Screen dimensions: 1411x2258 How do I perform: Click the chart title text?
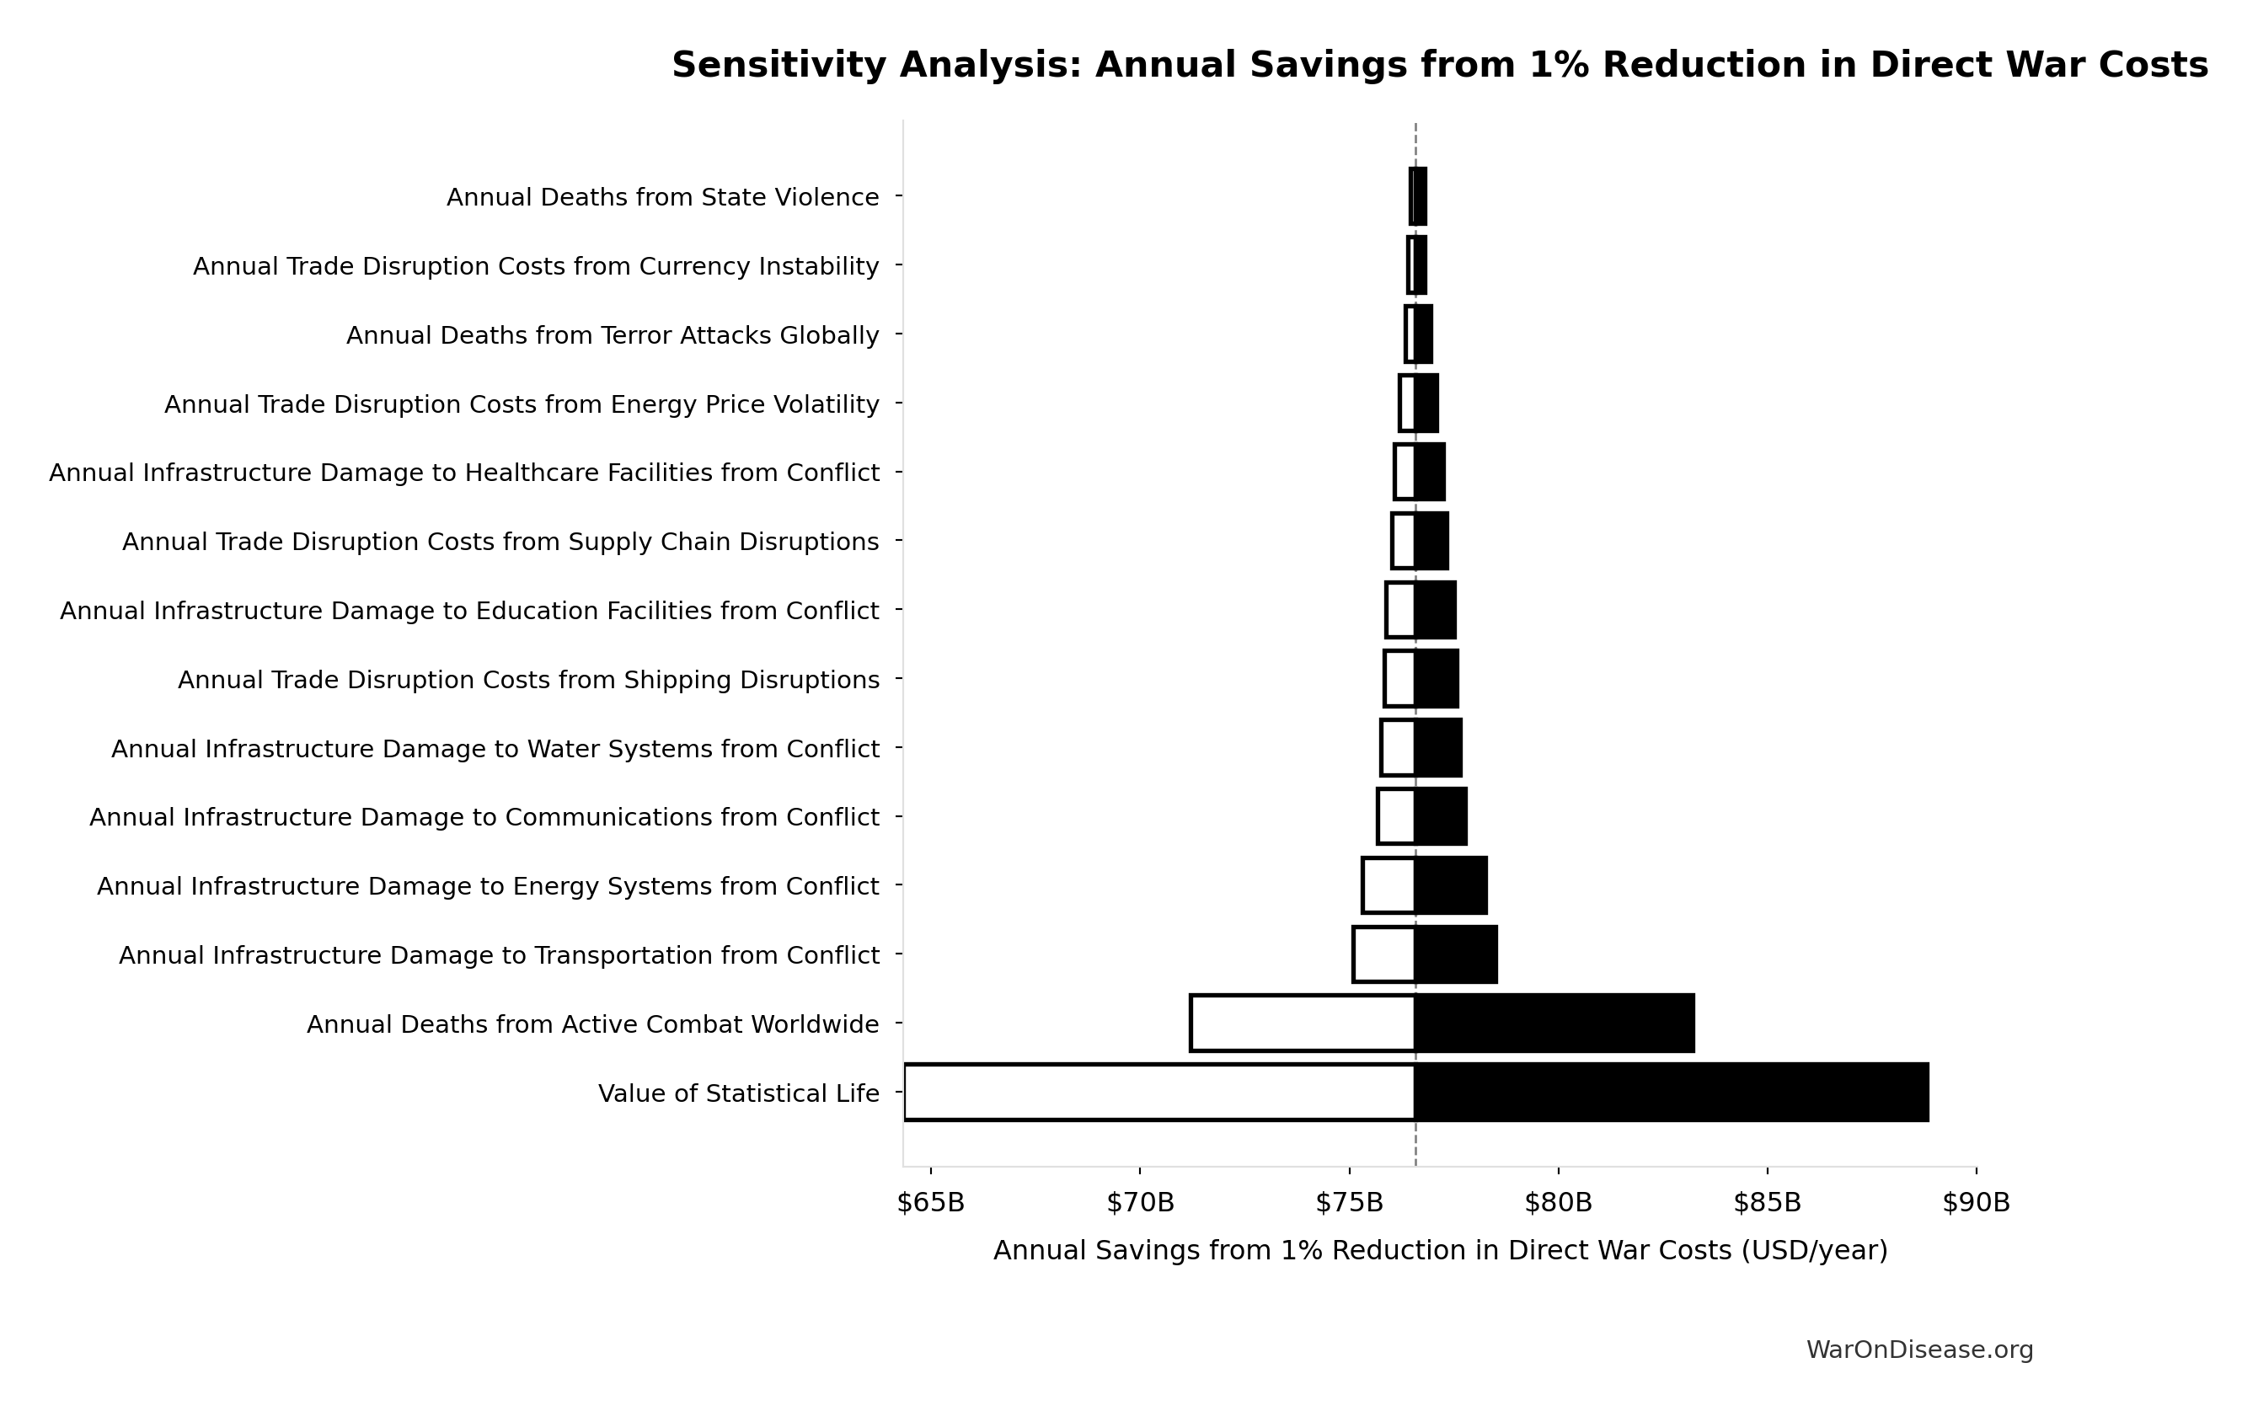1439,66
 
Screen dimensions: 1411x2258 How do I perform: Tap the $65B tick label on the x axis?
930,1203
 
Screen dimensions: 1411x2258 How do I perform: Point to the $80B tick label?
1558,1203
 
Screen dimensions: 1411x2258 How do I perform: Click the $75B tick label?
1349,1203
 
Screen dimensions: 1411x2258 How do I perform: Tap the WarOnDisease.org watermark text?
1919,1350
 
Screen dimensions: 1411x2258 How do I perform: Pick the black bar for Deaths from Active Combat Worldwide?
1554,1023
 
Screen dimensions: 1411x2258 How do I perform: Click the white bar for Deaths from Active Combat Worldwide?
1303,1023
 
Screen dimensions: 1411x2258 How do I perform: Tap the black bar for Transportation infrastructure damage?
1456,954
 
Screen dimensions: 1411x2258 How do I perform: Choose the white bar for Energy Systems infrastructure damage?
1389,885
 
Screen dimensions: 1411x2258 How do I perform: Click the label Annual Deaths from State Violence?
662,198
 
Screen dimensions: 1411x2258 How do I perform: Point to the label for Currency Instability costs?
536,267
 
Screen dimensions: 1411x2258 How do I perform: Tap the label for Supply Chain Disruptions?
500,542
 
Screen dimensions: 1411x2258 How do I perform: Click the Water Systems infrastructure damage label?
495,750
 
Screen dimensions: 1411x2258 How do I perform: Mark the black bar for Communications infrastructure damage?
1441,816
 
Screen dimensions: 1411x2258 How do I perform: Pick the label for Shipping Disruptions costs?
528,681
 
